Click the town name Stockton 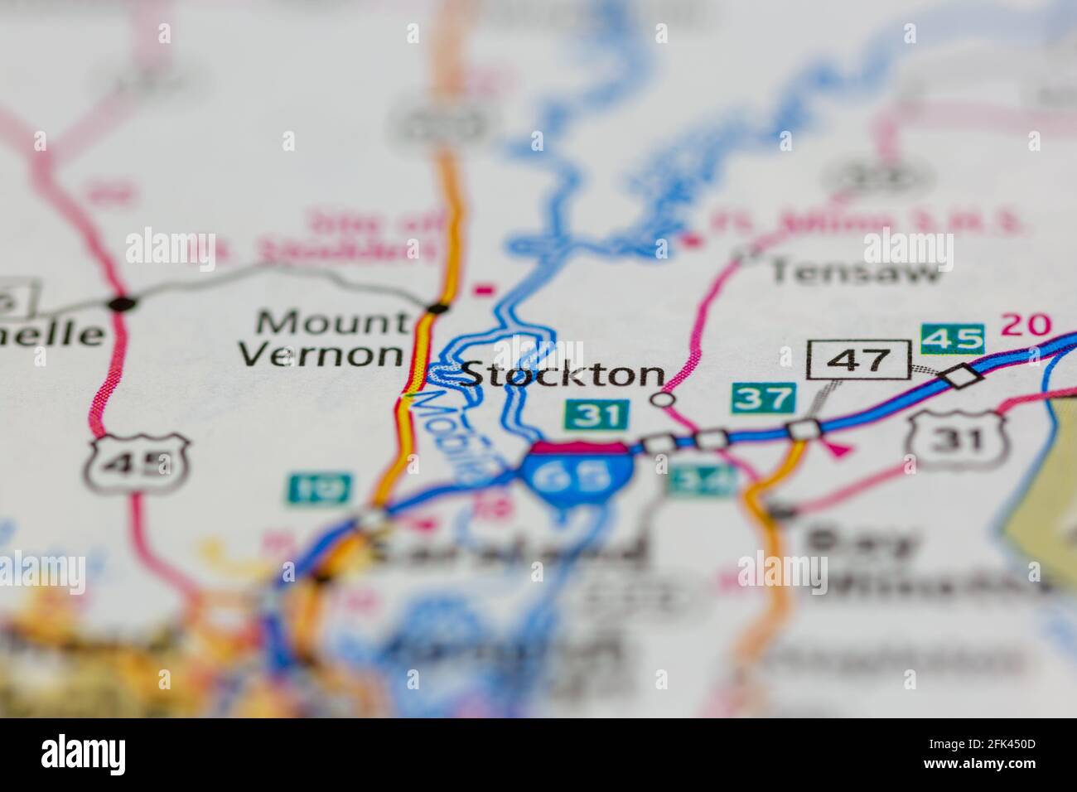point(563,374)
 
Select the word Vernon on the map point(321,354)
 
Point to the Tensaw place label point(857,270)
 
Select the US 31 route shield point(957,435)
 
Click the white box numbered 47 point(857,360)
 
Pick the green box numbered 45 point(952,338)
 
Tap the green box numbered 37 point(764,398)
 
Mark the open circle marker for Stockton point(661,400)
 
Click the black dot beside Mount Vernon point(437,309)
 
